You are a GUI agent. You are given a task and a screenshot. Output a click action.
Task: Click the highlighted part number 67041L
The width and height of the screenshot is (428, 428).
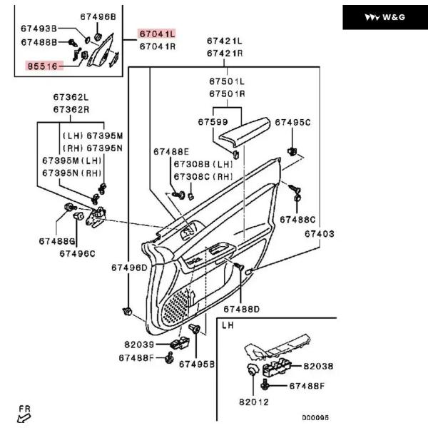pyautogui.click(x=157, y=34)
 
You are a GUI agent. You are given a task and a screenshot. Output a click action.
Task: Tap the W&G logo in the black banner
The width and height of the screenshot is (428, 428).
pyautogui.click(x=385, y=17)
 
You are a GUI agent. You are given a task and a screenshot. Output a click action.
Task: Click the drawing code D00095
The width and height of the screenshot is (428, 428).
pyautogui.click(x=315, y=417)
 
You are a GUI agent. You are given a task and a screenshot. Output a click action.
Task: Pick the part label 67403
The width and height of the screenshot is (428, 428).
pyautogui.click(x=320, y=234)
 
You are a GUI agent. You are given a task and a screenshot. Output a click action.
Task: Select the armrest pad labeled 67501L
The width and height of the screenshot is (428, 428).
pyautogui.click(x=245, y=130)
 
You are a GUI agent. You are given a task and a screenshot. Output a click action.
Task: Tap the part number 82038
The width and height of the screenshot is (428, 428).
pyautogui.click(x=318, y=367)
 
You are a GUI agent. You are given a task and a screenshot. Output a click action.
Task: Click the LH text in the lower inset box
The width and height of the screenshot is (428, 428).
pyautogui.click(x=228, y=325)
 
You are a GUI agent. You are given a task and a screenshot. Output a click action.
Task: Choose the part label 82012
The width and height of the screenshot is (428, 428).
pyautogui.click(x=254, y=402)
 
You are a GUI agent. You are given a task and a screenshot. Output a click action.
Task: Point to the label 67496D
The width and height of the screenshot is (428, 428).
pyautogui.click(x=129, y=267)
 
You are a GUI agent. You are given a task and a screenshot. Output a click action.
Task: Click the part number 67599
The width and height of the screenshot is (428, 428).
pyautogui.click(x=213, y=122)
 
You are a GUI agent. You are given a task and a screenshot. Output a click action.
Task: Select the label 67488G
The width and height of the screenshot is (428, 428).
pyautogui.click(x=57, y=241)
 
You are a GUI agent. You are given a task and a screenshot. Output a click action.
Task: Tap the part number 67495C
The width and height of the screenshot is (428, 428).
pyautogui.click(x=292, y=123)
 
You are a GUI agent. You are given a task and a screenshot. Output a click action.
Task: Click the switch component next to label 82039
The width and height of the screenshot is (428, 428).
pyautogui.click(x=180, y=343)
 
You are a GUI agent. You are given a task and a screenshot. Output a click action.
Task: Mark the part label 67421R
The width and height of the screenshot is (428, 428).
pyautogui.click(x=225, y=53)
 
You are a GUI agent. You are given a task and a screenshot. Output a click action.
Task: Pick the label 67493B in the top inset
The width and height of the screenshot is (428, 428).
pyautogui.click(x=39, y=29)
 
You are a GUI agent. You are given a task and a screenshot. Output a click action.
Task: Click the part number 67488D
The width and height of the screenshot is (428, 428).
pyautogui.click(x=242, y=310)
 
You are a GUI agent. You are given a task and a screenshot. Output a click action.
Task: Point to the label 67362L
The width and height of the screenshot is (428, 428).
pyautogui.click(x=71, y=97)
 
